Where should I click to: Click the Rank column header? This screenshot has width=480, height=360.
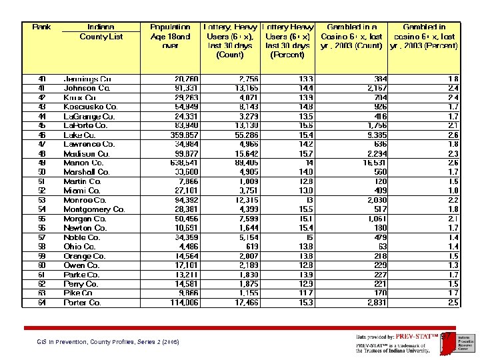(42, 27)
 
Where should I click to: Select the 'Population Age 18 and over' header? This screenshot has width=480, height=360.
(170, 37)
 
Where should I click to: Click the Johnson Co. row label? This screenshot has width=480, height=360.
(87, 88)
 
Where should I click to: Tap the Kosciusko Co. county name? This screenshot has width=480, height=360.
(91, 107)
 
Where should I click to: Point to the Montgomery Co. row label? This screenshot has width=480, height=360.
(94, 209)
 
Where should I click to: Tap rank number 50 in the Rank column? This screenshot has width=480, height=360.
(41, 172)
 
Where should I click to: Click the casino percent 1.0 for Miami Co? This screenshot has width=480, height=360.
(453, 191)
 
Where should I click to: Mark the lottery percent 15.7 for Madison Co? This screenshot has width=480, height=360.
(305, 153)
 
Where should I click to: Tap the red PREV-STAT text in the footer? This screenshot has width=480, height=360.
(413, 337)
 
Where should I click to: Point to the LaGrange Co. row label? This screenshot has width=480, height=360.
(89, 116)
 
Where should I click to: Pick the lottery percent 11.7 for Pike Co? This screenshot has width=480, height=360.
(305, 293)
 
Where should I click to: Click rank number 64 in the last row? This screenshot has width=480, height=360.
(41, 303)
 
